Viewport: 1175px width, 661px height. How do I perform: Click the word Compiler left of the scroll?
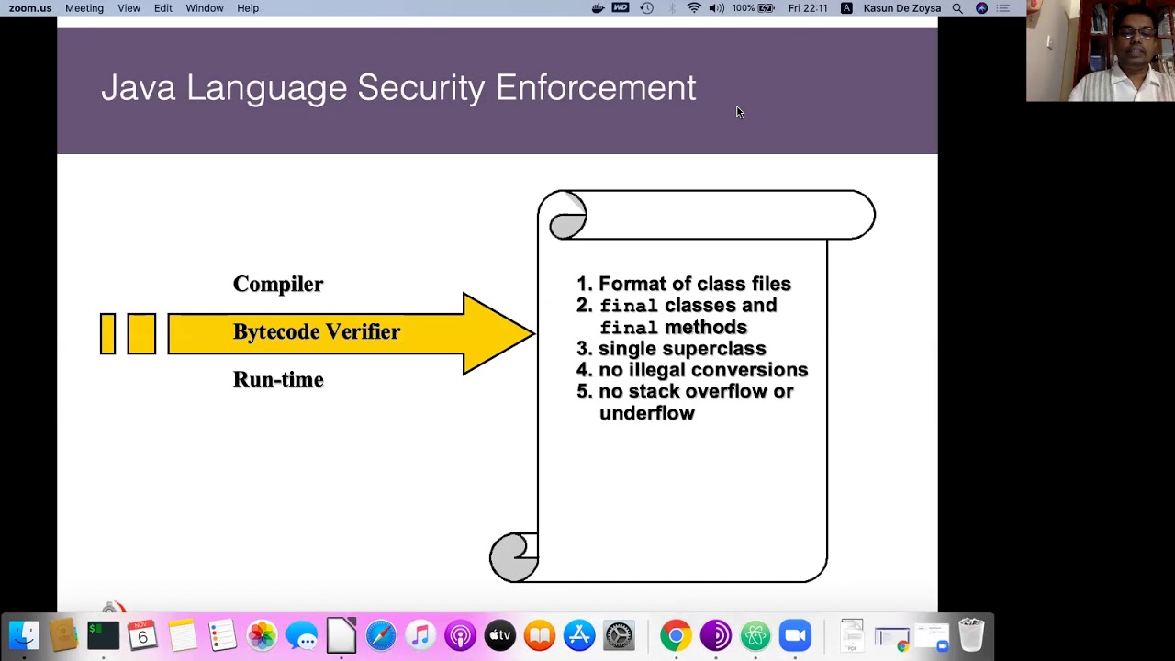point(277,284)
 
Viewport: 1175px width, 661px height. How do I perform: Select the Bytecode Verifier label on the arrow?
point(316,331)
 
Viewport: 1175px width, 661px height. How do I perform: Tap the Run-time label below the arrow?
point(277,379)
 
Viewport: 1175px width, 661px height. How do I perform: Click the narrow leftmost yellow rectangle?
point(107,333)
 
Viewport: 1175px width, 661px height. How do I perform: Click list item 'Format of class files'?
point(694,284)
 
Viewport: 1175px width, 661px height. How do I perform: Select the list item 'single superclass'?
point(681,348)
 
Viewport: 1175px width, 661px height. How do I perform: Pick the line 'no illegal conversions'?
point(702,369)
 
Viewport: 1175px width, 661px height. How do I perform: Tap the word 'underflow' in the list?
point(646,413)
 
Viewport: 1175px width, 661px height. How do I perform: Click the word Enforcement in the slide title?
point(596,88)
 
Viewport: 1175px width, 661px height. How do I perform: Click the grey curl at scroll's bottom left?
point(512,557)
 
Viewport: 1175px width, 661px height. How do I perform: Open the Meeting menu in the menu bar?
point(84,8)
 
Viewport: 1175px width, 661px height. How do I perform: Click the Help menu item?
point(248,8)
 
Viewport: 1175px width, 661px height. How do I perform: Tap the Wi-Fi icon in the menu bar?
point(694,8)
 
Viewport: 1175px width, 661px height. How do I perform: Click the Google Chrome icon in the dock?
point(676,635)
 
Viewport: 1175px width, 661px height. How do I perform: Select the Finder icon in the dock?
point(24,635)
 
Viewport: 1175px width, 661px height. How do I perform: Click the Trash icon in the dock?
point(971,635)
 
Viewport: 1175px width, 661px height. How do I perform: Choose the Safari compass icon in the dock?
point(381,635)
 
